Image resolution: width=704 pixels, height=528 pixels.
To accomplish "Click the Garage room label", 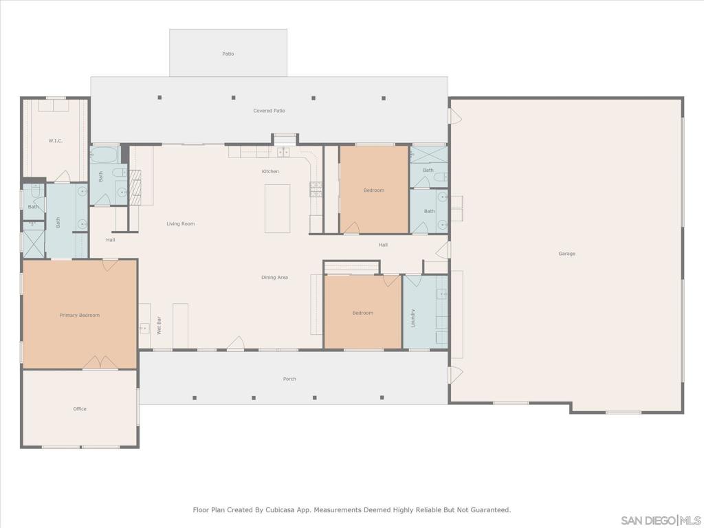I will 566,254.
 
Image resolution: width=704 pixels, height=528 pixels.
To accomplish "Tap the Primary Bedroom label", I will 80,316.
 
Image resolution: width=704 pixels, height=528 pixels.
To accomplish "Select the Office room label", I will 80,409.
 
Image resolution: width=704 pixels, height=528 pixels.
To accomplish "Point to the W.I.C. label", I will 56,141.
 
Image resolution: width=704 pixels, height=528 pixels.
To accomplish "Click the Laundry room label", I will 413,318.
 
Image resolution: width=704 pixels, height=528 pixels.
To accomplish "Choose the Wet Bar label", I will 159,325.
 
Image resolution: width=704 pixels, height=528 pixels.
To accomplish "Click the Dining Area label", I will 274,278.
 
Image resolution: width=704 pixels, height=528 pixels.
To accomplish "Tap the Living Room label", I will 181,224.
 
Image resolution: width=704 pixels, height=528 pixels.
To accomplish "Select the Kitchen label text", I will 270,171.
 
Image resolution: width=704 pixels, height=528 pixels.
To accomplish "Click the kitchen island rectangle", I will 277,208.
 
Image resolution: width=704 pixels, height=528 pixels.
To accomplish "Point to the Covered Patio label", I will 269,111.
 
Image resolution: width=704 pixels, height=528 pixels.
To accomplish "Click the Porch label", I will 289,379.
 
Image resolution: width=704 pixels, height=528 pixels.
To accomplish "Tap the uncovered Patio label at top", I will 228,54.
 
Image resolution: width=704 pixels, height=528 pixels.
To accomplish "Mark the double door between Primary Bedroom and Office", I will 100,363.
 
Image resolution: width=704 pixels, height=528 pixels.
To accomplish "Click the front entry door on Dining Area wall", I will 235,344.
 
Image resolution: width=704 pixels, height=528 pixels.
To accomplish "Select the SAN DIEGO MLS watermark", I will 659,520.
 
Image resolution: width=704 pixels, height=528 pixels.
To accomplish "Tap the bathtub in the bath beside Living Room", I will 104,153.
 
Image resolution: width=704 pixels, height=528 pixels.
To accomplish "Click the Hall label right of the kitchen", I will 383,245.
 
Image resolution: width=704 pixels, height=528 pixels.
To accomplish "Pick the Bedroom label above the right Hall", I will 374,190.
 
